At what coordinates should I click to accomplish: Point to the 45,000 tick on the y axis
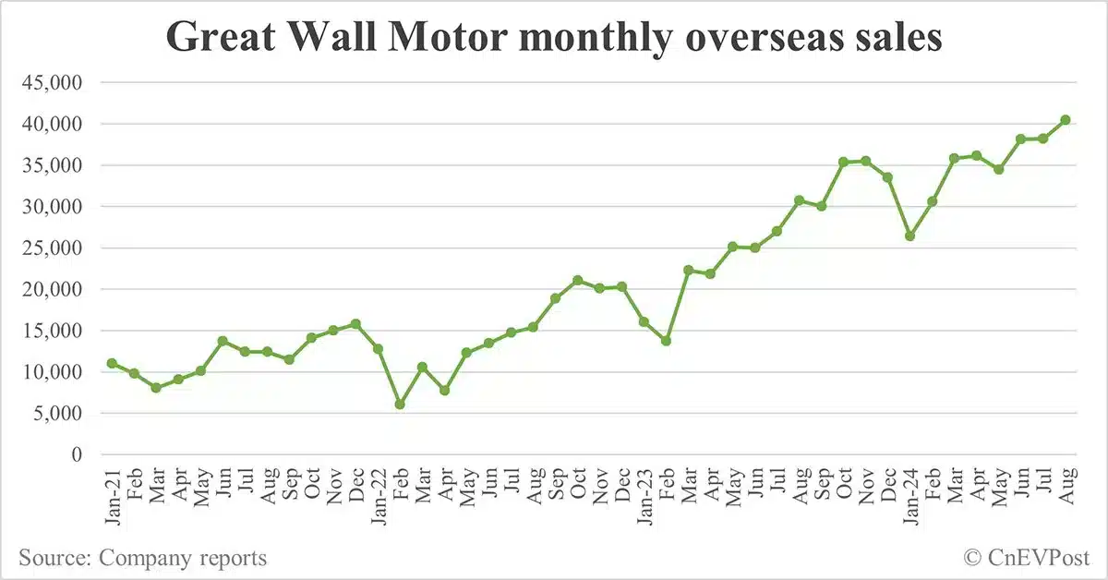point(52,82)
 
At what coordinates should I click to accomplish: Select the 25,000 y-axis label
point(52,248)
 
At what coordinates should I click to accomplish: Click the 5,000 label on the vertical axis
point(57,413)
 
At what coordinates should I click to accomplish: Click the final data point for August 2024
point(1065,120)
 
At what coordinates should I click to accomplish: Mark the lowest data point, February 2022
point(400,405)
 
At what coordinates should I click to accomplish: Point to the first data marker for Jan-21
point(112,363)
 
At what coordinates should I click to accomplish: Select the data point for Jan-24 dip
point(909,236)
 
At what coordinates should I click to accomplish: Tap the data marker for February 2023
point(666,341)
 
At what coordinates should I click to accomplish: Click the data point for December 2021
point(355,324)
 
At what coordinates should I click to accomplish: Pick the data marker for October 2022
point(577,280)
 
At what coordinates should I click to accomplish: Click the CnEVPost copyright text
point(1027,558)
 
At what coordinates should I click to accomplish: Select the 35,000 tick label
point(52,165)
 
